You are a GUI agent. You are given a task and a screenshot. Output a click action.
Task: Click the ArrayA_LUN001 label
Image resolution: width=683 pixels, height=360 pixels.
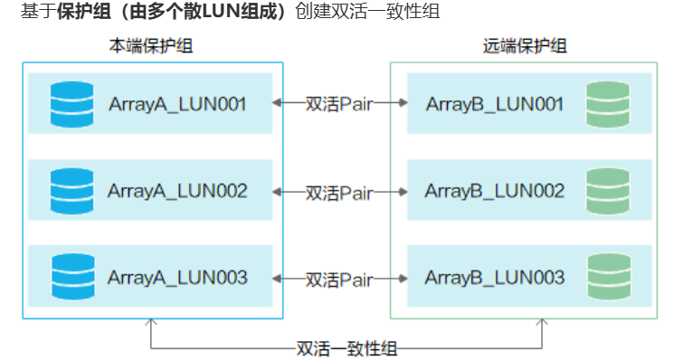pyautogui.click(x=177, y=103)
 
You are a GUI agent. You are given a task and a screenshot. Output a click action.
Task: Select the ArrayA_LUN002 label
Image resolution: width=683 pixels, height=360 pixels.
pyautogui.click(x=177, y=191)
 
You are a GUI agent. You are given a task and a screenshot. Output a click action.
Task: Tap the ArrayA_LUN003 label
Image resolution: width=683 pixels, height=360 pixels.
pyautogui.click(x=177, y=278)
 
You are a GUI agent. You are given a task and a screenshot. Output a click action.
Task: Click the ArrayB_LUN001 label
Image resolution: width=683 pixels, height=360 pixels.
pyautogui.click(x=495, y=103)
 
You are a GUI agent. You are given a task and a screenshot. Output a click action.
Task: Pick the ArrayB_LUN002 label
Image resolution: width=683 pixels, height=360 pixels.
pyautogui.click(x=495, y=191)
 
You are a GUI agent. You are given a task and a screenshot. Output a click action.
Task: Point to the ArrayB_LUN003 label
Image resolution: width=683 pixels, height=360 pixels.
pyautogui.click(x=495, y=278)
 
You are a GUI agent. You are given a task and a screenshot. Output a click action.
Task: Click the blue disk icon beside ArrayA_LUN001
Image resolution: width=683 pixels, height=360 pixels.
pyautogui.click(x=72, y=103)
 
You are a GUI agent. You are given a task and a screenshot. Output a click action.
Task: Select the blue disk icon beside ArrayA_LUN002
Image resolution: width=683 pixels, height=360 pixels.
pyautogui.click(x=72, y=191)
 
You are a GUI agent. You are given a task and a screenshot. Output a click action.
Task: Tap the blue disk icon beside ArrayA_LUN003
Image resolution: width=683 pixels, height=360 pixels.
pyautogui.click(x=72, y=278)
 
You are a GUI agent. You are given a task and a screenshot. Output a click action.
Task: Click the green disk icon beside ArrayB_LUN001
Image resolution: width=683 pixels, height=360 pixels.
pyautogui.click(x=607, y=103)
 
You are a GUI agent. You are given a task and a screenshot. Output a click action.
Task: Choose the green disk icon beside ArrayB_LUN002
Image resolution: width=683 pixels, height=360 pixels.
pyautogui.click(x=607, y=191)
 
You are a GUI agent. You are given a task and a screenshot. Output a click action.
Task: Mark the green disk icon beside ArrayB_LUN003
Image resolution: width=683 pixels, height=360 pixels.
pyautogui.click(x=607, y=278)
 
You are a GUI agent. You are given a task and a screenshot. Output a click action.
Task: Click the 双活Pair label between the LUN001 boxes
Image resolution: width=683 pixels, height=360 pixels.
pyautogui.click(x=338, y=104)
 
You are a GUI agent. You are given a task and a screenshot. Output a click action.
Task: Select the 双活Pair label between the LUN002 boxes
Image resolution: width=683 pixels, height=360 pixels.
pyautogui.click(x=338, y=192)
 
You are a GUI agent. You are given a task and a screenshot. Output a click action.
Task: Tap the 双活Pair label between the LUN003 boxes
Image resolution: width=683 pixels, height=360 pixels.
pyautogui.click(x=338, y=279)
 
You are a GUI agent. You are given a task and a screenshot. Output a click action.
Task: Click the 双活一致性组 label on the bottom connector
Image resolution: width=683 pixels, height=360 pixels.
pyautogui.click(x=346, y=348)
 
